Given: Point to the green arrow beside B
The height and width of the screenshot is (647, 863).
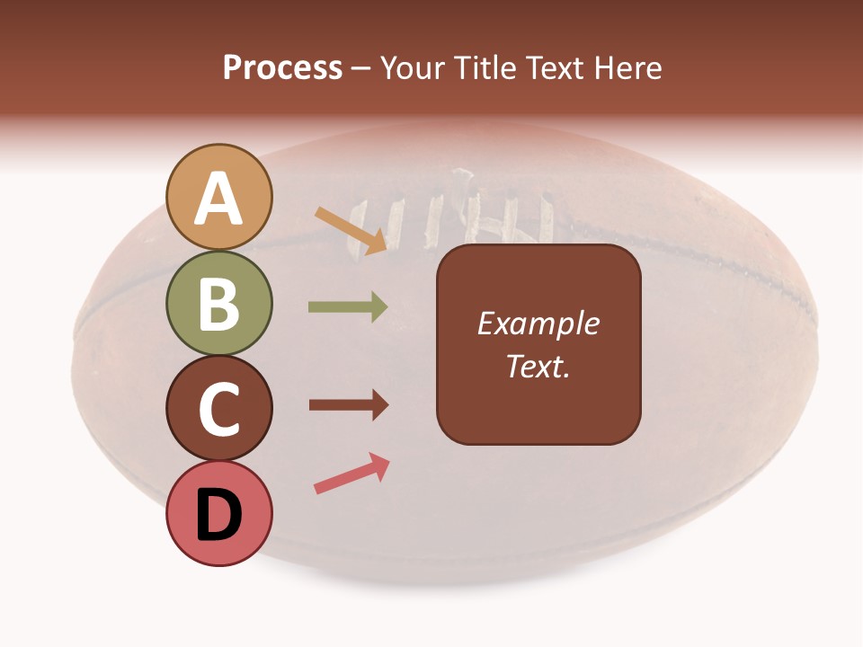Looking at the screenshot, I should (x=348, y=307).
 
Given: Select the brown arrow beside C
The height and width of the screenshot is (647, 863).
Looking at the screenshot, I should (x=349, y=405).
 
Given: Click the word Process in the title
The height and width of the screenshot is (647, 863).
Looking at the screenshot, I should (x=282, y=68).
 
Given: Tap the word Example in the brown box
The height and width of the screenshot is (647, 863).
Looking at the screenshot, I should (x=538, y=324).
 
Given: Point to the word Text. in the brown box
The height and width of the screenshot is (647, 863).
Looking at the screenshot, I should (x=538, y=367).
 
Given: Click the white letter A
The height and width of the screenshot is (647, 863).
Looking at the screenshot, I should (x=219, y=199).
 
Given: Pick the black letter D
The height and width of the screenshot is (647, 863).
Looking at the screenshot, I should (x=219, y=516).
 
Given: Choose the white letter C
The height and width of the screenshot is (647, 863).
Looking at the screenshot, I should (x=219, y=411).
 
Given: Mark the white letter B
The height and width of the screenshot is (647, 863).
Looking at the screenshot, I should (x=219, y=305).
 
